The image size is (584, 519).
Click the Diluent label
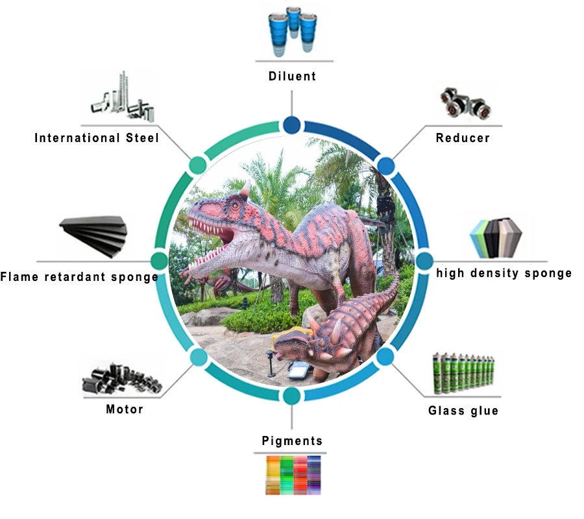(x=292, y=76)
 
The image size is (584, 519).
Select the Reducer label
(x=463, y=138)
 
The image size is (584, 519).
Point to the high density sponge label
(x=504, y=273)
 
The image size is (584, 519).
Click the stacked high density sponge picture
(x=500, y=237)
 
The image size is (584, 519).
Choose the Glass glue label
(x=463, y=411)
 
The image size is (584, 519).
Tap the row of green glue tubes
(x=465, y=374)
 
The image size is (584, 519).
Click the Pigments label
(x=292, y=441)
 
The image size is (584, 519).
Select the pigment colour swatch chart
(x=293, y=474)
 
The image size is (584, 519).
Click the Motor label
(x=125, y=409)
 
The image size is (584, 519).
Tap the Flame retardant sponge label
(x=79, y=278)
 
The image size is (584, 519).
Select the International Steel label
(x=97, y=138)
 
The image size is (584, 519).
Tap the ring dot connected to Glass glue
(x=385, y=356)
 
